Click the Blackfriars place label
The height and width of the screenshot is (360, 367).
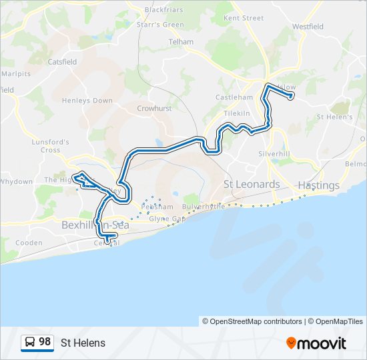point(163,10)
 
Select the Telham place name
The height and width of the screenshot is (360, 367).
point(181,41)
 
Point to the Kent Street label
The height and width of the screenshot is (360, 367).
point(244,18)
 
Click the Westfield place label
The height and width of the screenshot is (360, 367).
point(308,27)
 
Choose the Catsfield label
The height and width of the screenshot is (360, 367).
point(62,61)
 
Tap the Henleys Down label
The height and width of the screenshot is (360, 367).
point(87,101)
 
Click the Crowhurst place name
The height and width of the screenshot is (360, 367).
point(154,108)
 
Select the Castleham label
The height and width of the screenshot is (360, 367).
point(234,97)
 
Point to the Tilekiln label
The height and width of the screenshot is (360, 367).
point(236,113)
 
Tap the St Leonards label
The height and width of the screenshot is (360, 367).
point(252,184)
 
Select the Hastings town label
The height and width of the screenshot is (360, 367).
point(319,185)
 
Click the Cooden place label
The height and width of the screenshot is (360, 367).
point(29,243)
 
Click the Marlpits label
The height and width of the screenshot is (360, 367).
point(16,73)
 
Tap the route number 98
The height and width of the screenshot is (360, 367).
point(45,342)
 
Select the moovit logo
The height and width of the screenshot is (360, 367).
point(316,343)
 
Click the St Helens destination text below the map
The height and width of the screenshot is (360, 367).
point(83,343)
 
